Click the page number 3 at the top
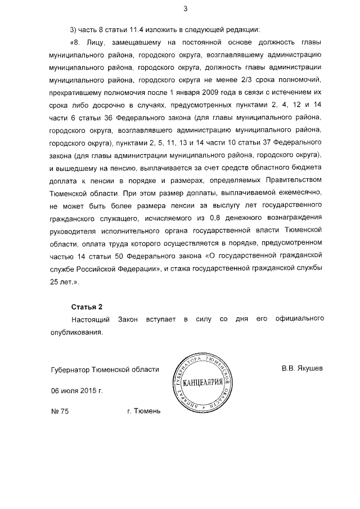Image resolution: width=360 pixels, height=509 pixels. pos(185,8)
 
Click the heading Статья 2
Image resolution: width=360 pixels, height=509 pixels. pos(87,307)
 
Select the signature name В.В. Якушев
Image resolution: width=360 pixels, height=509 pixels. pos(303,370)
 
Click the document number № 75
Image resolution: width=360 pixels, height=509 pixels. pos(60,411)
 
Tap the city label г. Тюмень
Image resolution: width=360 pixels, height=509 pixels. pos(144,411)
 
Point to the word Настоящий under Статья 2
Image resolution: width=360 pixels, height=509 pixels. pos(88,319)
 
